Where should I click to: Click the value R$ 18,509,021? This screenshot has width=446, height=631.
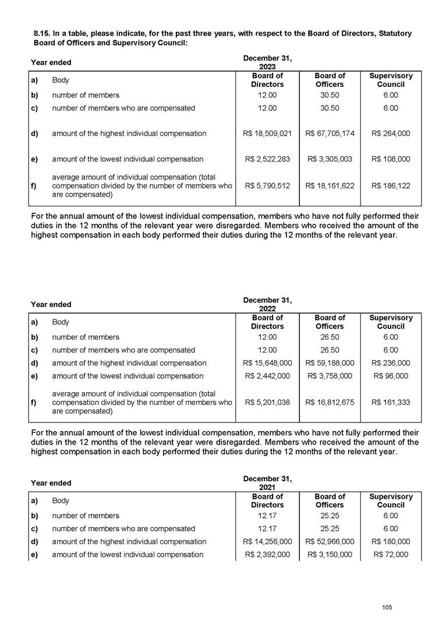pyautogui.click(x=267, y=133)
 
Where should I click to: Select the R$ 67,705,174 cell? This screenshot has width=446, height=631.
pyautogui.click(x=330, y=133)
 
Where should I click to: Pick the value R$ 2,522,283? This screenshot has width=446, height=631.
pyautogui.click(x=267, y=159)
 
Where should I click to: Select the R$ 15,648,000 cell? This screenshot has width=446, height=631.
pyautogui.click(x=267, y=363)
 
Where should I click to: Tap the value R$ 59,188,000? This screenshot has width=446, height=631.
pyautogui.click(x=330, y=363)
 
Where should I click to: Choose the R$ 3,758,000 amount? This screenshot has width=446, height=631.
pyautogui.click(x=330, y=376)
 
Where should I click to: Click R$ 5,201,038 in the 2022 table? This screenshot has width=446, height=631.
pyautogui.click(x=267, y=402)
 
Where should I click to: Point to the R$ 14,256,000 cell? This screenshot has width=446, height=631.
pyautogui.click(x=267, y=541)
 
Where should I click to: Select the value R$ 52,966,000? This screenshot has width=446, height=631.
pyautogui.click(x=330, y=541)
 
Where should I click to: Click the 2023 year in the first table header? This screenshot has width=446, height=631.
pyautogui.click(x=267, y=68)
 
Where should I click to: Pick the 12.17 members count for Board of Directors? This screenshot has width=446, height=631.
pyautogui.click(x=267, y=516)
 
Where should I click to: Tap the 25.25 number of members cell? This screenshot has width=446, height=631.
pyautogui.click(x=330, y=516)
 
